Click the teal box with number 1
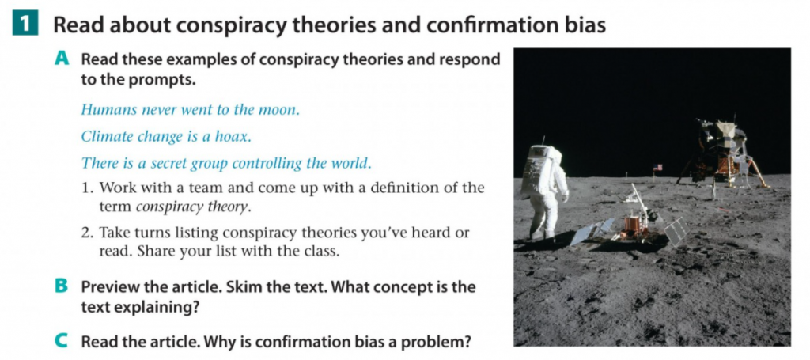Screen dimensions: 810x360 (25, 25)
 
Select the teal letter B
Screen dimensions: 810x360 (61, 286)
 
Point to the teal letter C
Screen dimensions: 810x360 (61, 341)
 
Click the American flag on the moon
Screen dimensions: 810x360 (657, 168)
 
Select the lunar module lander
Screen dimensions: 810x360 (723, 153)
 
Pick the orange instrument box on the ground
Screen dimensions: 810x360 (631, 224)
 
